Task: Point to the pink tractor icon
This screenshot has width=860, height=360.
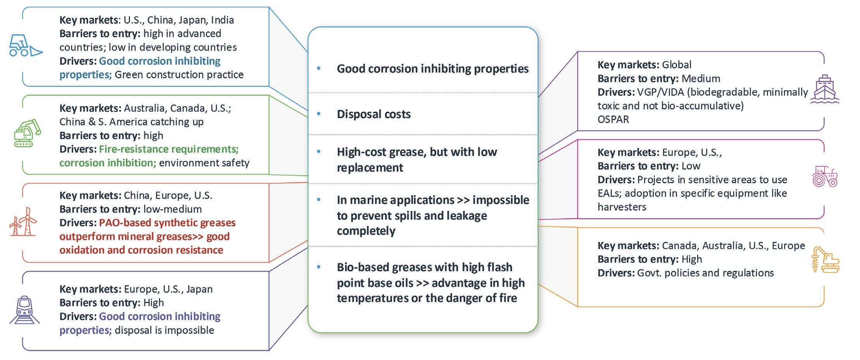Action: [x=825, y=177]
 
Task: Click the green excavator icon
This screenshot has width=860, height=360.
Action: [x=28, y=133]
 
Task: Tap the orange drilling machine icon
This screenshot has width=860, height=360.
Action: [x=825, y=259]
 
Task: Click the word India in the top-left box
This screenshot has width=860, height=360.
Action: [x=222, y=20]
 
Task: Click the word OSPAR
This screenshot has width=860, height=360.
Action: [x=613, y=119]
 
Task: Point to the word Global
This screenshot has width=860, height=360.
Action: [x=677, y=65]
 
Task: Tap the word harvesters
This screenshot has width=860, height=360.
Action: [x=622, y=207]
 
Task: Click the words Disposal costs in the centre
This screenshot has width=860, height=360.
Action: [x=373, y=114]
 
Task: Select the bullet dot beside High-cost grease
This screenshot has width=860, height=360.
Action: [x=319, y=152]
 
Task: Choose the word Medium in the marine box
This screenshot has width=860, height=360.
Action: [x=701, y=79]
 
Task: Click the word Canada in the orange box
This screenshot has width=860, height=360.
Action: [x=680, y=246]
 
